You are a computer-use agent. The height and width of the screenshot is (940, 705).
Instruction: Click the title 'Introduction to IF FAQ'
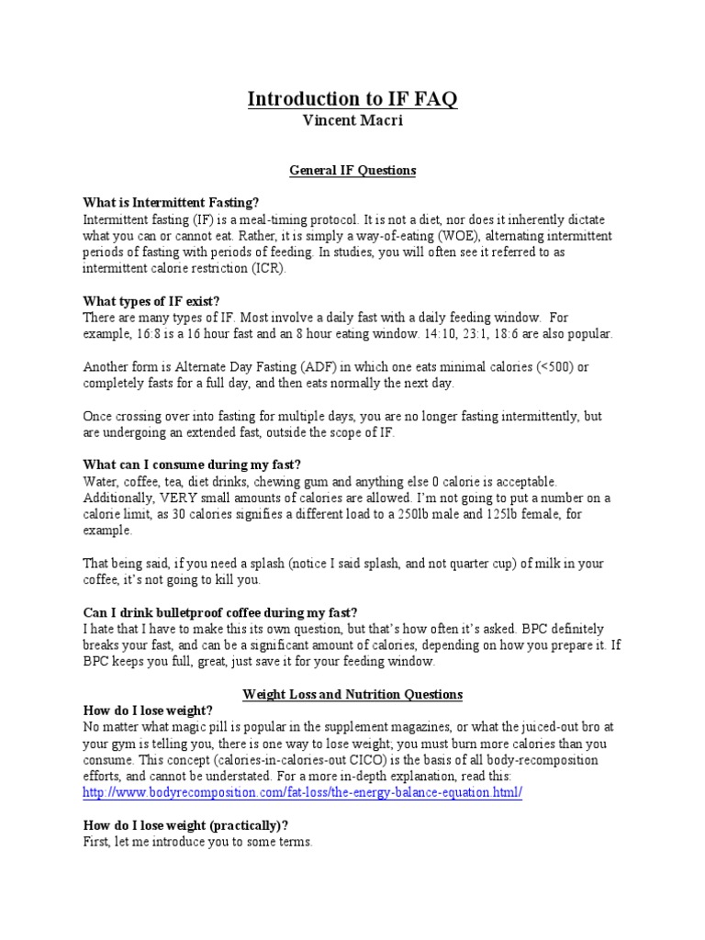coord(352,99)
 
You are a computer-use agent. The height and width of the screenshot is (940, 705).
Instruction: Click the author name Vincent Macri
coord(352,120)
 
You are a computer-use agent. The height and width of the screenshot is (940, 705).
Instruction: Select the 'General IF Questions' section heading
coord(352,171)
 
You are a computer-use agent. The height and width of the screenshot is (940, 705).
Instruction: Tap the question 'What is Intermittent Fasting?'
coord(172,202)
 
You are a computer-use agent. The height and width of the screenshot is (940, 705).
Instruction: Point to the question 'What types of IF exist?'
coord(151,301)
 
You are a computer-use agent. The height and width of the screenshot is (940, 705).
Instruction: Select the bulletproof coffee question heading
coord(220,613)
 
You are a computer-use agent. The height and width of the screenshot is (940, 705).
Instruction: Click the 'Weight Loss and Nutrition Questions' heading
coord(352,694)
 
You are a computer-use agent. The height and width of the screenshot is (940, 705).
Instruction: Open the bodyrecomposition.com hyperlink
coord(303,792)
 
